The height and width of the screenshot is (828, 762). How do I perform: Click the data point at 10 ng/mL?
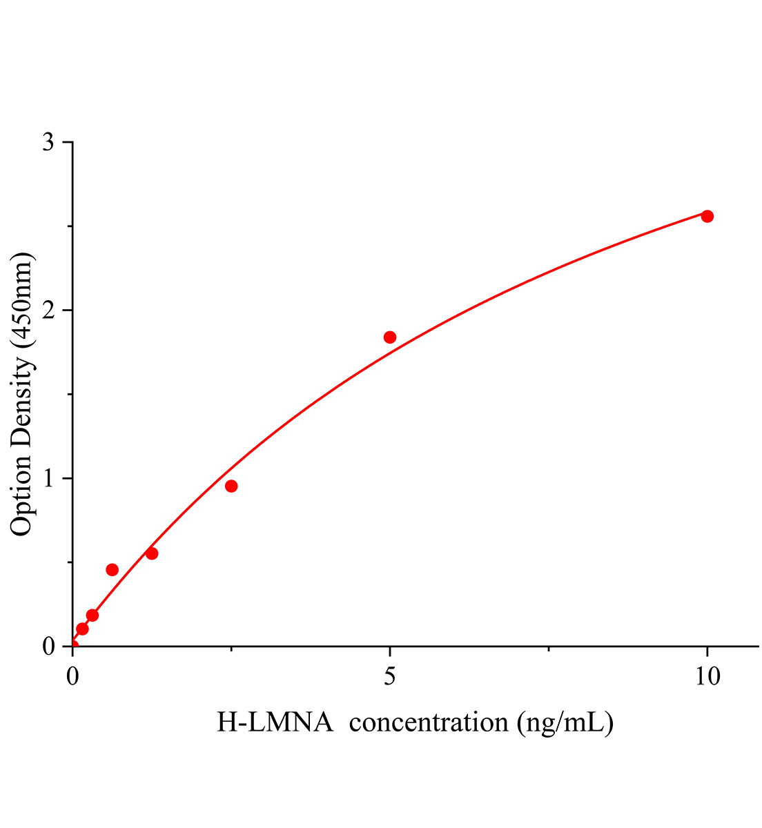[x=707, y=216]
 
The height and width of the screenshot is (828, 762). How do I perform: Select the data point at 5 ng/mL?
[x=390, y=337]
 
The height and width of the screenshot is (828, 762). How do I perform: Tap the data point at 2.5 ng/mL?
[x=231, y=486]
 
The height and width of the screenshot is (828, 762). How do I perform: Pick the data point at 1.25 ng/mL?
[x=152, y=553]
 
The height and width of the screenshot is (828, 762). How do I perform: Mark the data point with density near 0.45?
[x=112, y=569]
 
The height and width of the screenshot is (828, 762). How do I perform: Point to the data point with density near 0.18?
[x=92, y=615]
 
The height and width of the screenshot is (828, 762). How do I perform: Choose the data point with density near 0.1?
[x=82, y=629]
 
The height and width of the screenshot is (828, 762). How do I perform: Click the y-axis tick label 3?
[x=48, y=143]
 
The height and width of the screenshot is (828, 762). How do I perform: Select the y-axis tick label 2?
[x=48, y=310]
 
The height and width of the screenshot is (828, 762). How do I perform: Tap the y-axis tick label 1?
[x=48, y=479]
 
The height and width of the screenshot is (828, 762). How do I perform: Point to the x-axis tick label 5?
[x=390, y=677]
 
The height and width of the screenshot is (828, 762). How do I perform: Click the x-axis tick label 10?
[x=707, y=677]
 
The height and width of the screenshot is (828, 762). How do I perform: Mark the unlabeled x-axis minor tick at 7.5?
[x=549, y=649]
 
